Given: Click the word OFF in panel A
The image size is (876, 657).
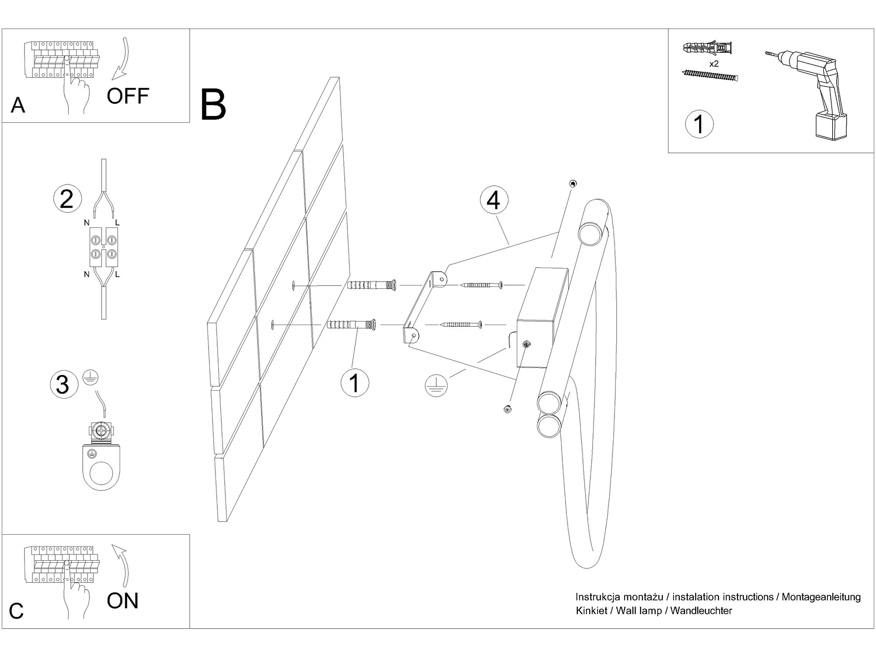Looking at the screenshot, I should click(127, 96).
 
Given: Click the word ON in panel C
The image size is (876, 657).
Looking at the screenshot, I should click(123, 600).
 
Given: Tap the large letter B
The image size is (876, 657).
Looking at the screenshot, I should click(213, 105).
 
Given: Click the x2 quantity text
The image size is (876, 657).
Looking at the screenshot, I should click(714, 64).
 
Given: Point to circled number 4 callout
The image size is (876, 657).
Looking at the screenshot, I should click(494, 201).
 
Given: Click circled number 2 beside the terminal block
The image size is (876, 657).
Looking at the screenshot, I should click(67, 199).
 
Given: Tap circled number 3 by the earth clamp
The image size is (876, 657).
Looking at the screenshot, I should click(64, 385).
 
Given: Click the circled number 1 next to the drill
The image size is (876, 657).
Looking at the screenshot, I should click(699, 124).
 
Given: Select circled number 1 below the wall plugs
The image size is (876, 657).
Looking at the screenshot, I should click(355, 383).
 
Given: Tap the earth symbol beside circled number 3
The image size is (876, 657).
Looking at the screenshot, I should click(90, 378).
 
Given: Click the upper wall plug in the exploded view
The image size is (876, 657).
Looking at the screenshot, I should click(372, 285).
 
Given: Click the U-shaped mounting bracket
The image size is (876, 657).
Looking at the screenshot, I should click(423, 307).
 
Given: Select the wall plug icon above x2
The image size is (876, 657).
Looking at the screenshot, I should click(707, 48).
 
